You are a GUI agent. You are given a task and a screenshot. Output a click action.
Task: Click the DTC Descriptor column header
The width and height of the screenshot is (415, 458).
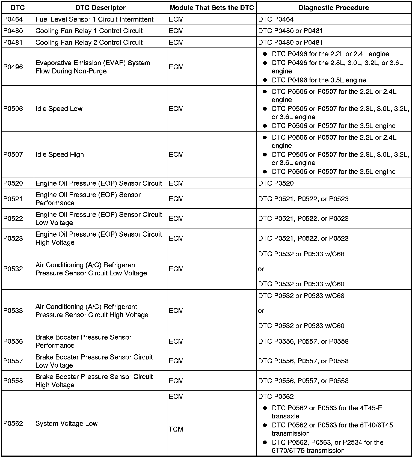click(100, 8)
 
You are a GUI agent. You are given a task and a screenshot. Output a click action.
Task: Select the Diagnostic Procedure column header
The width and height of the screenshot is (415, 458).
click(333, 8)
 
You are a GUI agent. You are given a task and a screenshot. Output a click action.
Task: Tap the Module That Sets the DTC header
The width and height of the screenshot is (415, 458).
click(212, 8)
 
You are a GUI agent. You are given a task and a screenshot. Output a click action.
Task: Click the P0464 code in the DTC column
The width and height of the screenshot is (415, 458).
click(13, 19)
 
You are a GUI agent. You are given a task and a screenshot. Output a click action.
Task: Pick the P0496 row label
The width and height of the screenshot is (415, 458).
click(13, 67)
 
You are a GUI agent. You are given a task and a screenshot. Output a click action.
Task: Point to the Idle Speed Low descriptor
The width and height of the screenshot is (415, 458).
click(59, 109)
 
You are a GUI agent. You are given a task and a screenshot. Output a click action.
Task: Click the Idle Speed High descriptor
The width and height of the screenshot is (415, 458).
click(60, 154)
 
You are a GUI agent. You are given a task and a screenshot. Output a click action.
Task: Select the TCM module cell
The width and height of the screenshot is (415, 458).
click(176, 429)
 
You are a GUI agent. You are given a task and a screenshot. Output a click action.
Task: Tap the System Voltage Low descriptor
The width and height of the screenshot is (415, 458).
click(66, 423)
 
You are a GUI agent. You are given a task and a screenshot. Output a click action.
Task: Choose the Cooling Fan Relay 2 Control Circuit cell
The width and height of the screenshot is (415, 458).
click(89, 42)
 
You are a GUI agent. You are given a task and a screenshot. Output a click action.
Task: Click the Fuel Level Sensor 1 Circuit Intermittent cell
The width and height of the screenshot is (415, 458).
click(94, 19)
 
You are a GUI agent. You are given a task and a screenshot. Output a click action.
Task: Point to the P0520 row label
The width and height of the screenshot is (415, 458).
click(13, 183)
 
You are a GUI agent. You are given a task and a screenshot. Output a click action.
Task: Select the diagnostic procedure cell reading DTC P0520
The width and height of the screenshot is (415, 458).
click(276, 183)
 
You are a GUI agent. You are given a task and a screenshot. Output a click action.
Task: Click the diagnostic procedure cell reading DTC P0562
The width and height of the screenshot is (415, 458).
click(276, 396)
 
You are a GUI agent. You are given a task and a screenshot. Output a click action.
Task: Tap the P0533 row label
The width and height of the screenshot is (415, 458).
click(13, 311)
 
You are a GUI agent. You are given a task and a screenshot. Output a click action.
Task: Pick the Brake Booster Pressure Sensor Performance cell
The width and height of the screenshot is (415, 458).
click(83, 341)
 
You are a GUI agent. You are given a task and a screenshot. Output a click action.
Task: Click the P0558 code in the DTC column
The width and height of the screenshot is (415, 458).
click(13, 381)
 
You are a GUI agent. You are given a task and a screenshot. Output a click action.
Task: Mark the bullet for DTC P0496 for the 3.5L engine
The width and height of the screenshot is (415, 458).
click(265, 80)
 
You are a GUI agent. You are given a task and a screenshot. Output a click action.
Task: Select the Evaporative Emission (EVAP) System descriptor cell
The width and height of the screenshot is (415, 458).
click(93, 67)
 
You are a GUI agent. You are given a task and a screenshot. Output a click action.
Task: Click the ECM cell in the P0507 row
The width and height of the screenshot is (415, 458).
click(176, 154)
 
